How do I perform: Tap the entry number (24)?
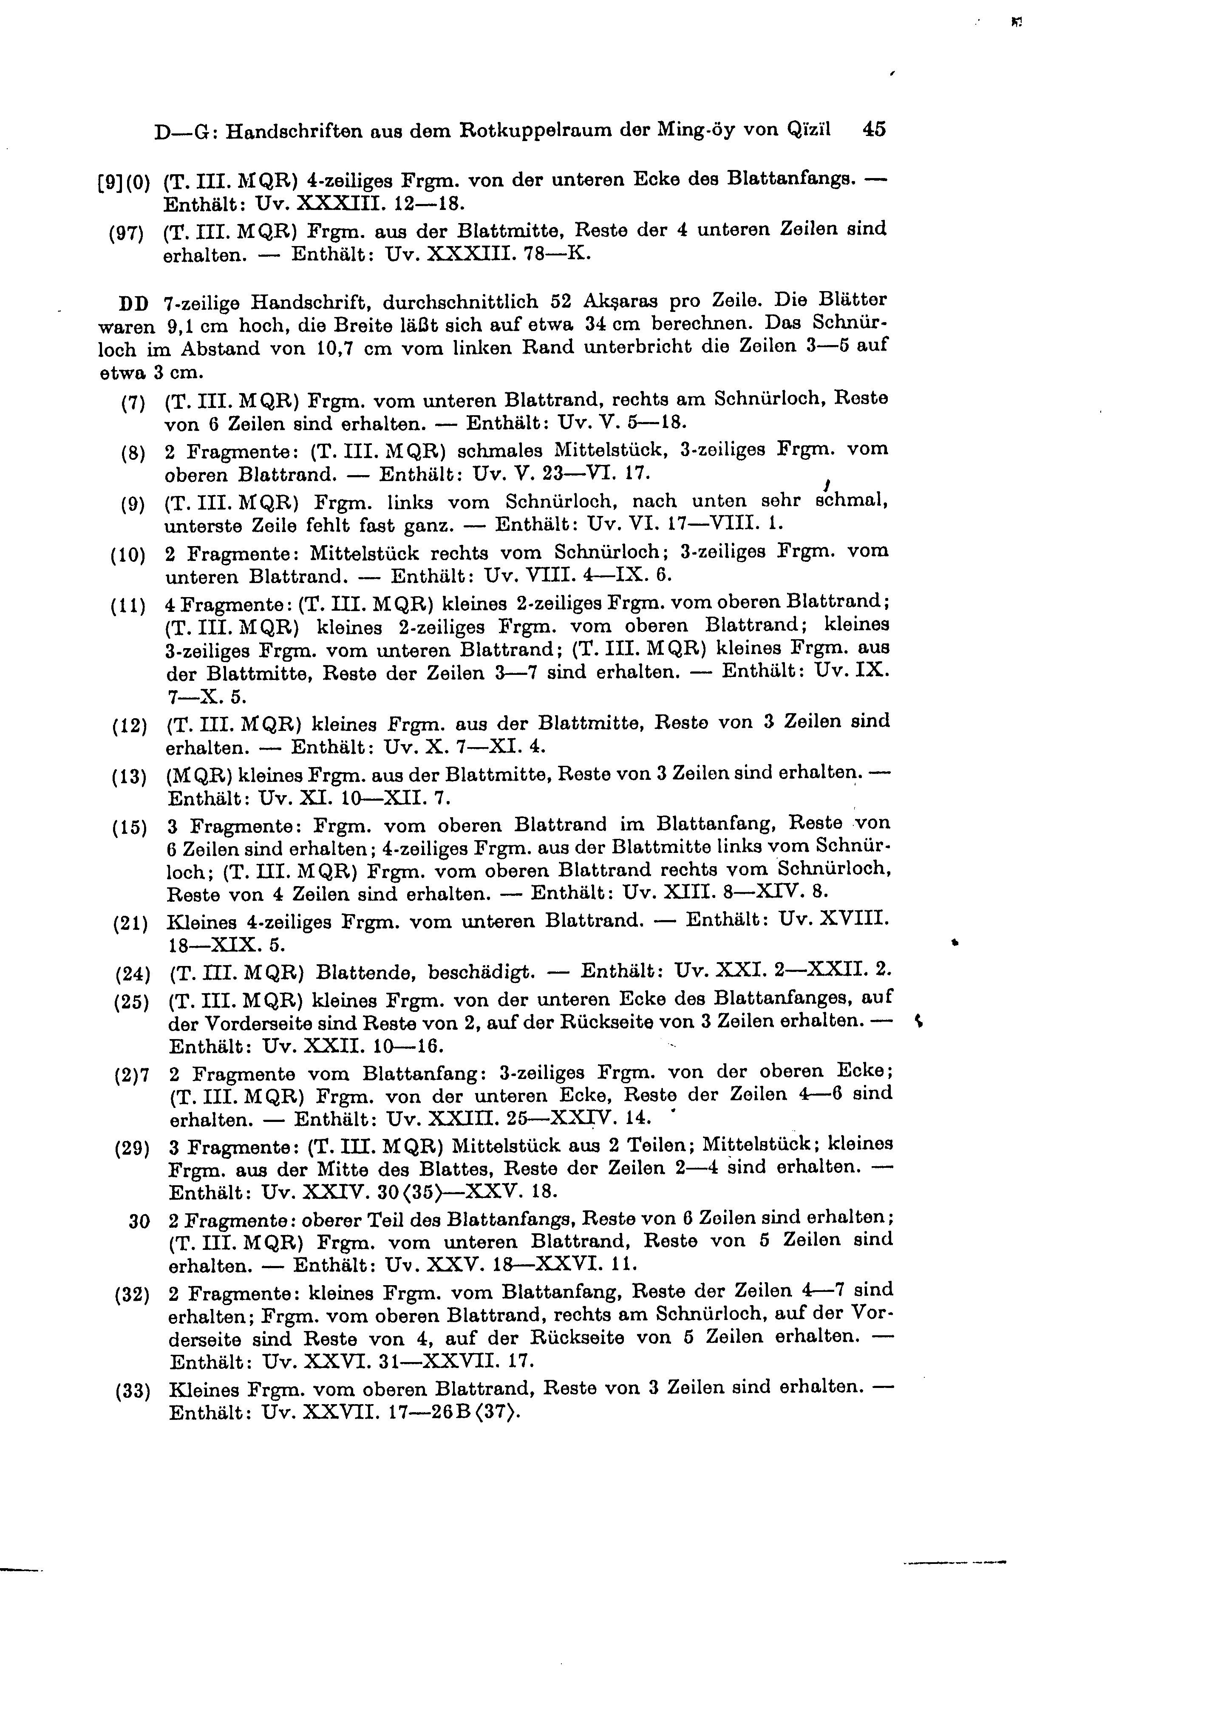click(x=133, y=975)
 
